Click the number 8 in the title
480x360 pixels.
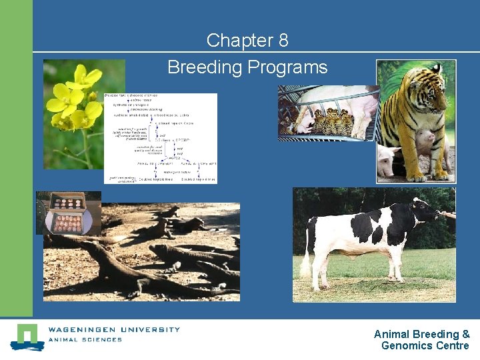tap(283, 41)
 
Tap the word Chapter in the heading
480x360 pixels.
tap(237, 41)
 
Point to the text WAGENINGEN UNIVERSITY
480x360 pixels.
tap(113, 329)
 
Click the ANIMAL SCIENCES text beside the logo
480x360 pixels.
tap(85, 340)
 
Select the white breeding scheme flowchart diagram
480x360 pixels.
tap(160, 138)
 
